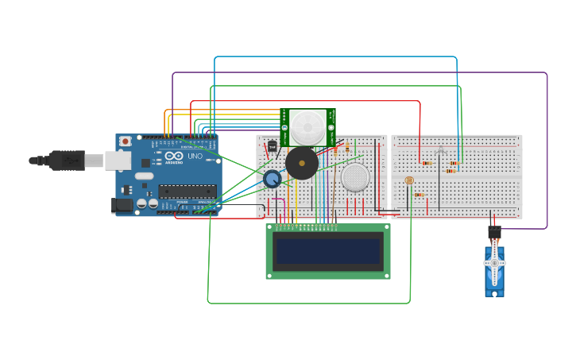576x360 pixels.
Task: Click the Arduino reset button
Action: point(125,141)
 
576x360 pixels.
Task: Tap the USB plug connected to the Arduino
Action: point(67,161)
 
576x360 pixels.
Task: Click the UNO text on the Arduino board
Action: point(195,156)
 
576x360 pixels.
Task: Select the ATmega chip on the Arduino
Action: point(187,191)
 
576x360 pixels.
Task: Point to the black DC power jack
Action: point(121,206)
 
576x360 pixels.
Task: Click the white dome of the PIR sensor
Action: point(307,127)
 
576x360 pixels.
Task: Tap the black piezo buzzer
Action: point(302,164)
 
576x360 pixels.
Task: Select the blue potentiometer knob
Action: point(273,179)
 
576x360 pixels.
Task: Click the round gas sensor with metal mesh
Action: point(355,177)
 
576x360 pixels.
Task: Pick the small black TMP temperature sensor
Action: point(273,146)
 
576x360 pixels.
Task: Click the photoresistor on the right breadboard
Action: point(409,180)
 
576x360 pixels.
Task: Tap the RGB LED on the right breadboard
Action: point(441,150)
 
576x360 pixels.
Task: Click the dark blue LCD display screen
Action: point(327,251)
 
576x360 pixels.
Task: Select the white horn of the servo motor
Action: point(494,263)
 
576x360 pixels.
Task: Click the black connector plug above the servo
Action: point(494,232)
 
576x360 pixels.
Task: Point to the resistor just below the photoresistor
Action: point(419,195)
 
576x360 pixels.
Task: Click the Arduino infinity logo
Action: point(174,156)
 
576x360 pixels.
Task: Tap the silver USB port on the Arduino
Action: point(118,161)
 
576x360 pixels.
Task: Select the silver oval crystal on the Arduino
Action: point(144,176)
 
